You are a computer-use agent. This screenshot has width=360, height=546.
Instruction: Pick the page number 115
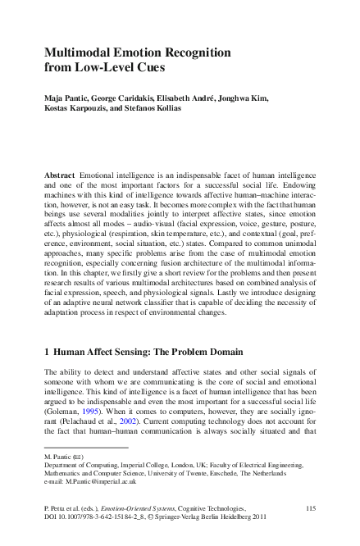pyautogui.click(x=311, y=509)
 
